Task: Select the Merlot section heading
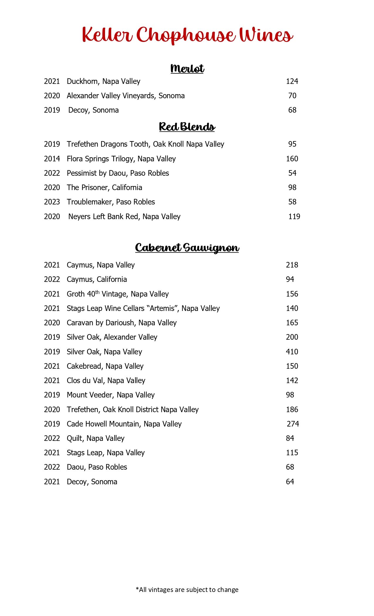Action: point(187,69)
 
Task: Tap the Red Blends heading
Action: point(187,127)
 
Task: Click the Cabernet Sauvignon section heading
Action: point(187,248)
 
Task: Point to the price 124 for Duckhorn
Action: point(292,81)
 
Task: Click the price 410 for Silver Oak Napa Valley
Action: point(292,352)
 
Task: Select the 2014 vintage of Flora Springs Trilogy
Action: point(52,159)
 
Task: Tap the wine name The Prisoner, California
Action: point(104,187)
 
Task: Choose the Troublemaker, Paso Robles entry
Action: point(111,202)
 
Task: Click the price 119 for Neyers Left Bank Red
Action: point(294,216)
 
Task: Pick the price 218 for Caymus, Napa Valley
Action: point(292,265)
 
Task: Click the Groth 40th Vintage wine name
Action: point(118,294)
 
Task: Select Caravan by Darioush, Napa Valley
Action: point(122,323)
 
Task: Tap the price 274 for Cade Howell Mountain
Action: point(293,424)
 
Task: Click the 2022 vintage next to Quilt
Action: point(52,438)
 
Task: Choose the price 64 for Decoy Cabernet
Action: point(290,482)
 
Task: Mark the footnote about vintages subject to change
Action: point(187,590)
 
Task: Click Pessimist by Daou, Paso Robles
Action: point(118,173)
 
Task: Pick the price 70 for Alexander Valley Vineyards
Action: point(292,96)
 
